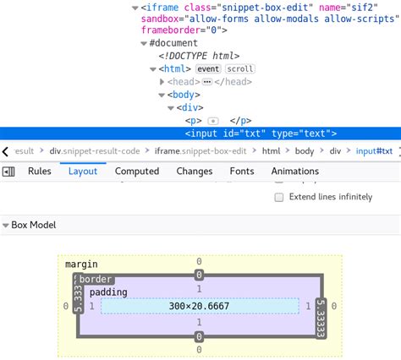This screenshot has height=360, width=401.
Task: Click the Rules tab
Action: tap(40, 171)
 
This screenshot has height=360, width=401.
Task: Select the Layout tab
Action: tap(83, 171)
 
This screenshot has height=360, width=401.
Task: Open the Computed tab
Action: tap(136, 171)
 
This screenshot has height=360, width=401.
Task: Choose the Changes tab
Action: tap(195, 171)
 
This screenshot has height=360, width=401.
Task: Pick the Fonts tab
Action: tap(242, 171)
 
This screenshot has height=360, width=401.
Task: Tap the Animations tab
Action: tap(294, 171)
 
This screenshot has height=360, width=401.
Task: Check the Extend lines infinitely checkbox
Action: tap(279, 197)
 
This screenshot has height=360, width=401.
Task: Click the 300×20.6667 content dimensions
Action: tap(199, 305)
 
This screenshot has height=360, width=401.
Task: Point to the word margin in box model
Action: tap(81, 265)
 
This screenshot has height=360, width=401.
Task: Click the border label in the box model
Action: tap(96, 279)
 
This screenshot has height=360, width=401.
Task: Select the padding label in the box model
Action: tap(108, 292)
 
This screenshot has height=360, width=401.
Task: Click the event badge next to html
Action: tap(208, 68)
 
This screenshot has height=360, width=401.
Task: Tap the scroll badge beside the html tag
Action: tap(239, 68)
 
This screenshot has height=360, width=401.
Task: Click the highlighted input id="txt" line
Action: tap(261, 133)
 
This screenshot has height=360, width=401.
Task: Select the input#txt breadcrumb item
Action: tap(374, 151)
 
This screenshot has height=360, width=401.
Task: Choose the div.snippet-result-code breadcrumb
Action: tap(96, 151)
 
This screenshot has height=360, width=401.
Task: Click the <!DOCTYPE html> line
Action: tap(190, 56)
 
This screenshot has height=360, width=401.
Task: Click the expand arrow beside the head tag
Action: tap(162, 82)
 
